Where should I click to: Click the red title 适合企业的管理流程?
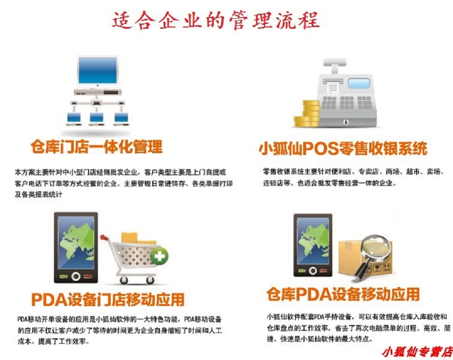(x=216, y=20)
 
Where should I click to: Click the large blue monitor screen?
(x=98, y=70)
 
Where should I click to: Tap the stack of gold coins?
(x=307, y=114)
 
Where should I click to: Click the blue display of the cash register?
(x=359, y=83)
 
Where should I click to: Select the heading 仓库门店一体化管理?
(x=96, y=147)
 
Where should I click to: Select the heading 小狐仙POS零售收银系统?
(x=343, y=148)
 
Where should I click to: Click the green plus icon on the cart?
(x=159, y=256)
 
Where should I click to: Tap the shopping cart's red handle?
(x=104, y=238)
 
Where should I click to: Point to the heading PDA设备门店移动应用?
(x=108, y=299)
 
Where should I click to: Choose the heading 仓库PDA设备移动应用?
(x=343, y=294)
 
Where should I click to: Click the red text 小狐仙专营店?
(x=417, y=352)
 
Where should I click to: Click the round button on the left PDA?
(x=76, y=276)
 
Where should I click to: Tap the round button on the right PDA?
(x=313, y=271)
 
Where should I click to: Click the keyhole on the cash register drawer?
(x=346, y=122)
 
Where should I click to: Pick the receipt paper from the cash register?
(x=332, y=87)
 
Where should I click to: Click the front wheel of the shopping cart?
(x=124, y=280)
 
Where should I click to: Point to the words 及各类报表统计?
(x=38, y=194)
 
